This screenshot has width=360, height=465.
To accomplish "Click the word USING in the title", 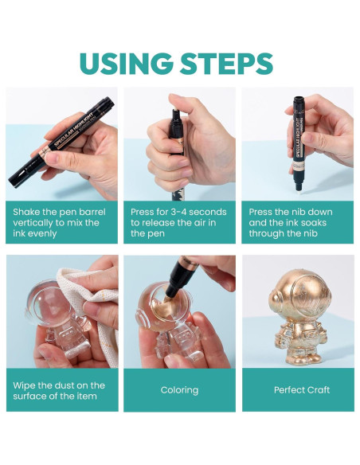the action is [126, 64].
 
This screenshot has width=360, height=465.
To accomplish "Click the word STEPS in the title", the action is [226, 64].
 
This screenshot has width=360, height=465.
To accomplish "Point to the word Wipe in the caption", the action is [24, 385].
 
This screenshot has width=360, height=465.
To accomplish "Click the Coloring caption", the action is [179, 390].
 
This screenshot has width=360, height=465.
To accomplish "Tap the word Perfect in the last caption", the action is [287, 389].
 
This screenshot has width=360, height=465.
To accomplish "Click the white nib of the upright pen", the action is [297, 189].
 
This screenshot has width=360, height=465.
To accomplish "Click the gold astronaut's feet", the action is [302, 358].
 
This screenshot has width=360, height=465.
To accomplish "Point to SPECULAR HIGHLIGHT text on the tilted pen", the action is [73, 131].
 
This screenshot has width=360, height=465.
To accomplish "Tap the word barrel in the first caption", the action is [91, 212].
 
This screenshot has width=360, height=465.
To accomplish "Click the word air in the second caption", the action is [201, 223].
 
